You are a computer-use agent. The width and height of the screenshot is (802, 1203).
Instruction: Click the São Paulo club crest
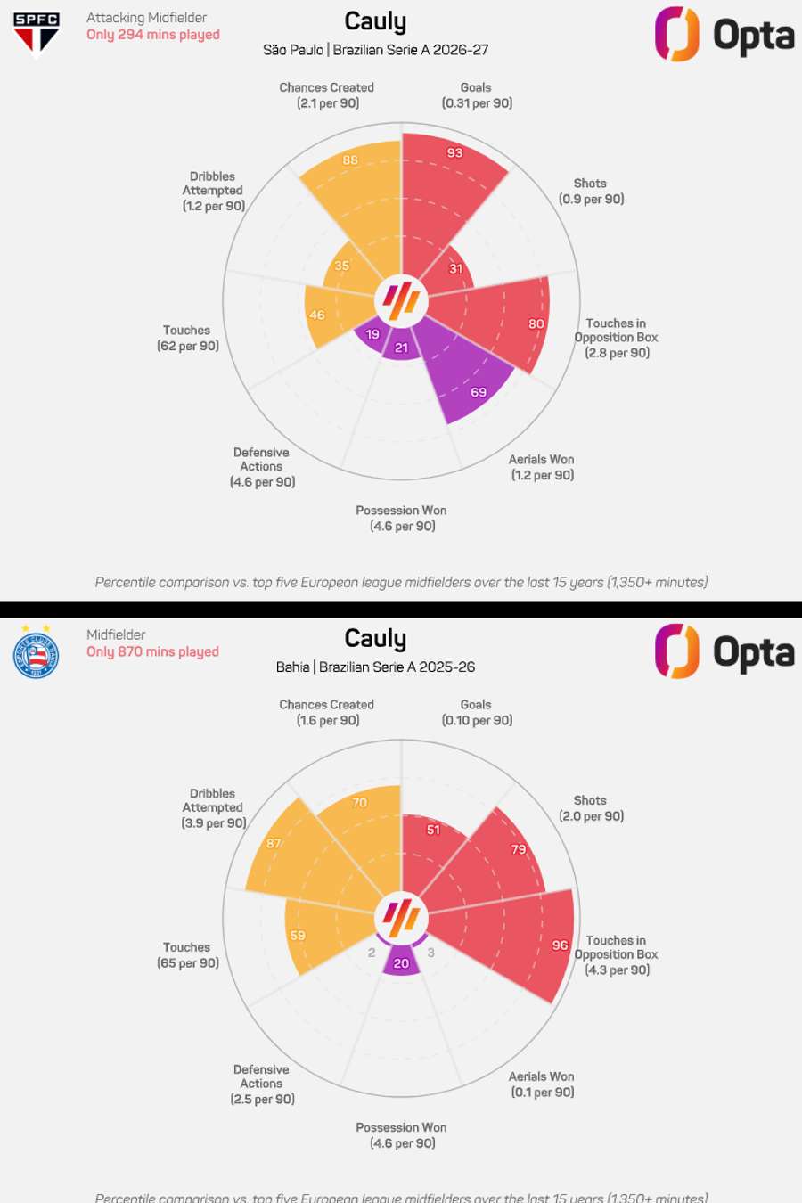37,33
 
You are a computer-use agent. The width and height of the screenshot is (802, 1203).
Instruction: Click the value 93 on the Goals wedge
455,152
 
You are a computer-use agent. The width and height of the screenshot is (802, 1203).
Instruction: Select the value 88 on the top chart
350,160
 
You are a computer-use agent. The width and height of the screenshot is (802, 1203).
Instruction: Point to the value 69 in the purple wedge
479,392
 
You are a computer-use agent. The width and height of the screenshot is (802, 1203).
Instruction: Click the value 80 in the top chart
536,323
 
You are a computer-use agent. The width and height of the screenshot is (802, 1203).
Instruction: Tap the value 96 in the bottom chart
560,945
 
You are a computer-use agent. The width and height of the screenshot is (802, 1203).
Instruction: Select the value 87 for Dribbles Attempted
274,843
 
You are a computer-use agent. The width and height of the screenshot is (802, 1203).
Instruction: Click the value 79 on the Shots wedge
519,849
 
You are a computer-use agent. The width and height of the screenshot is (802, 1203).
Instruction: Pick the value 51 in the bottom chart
433,830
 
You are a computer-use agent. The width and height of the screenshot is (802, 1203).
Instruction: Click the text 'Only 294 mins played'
153,35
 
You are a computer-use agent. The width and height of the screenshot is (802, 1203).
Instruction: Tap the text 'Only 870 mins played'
152,651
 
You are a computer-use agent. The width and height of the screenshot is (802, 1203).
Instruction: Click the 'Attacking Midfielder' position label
146,17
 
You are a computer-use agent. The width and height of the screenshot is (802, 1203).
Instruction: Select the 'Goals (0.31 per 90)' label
477,95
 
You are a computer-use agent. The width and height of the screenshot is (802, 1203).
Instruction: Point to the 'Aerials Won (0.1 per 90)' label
542,1084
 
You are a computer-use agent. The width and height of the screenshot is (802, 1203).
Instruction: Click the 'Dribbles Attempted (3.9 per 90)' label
213,808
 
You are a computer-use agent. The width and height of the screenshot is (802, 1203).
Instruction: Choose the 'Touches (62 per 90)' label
187,338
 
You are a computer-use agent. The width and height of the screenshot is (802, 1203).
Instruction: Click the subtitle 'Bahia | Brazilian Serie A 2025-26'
375,667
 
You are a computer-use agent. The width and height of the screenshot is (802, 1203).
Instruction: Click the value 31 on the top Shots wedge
455,268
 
